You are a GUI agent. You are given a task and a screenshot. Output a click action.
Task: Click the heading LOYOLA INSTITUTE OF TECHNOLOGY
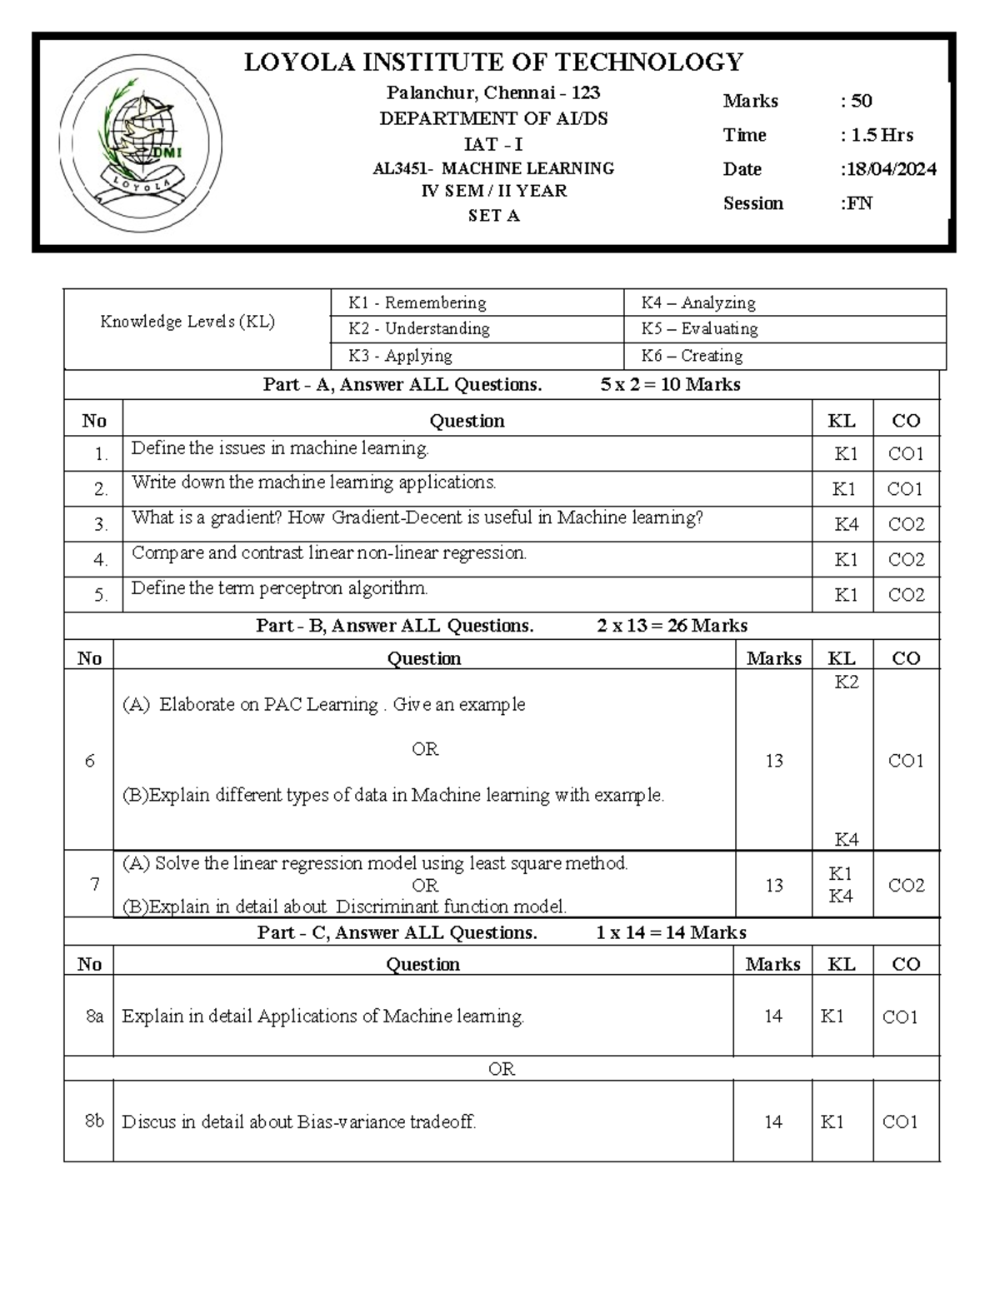tap(493, 62)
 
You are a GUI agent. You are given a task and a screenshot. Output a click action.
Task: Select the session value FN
tap(857, 203)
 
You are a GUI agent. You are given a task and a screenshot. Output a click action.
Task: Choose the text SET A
tap(493, 216)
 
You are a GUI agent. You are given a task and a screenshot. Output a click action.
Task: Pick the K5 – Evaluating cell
tap(699, 328)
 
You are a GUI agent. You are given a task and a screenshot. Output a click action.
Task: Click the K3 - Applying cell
tap(400, 356)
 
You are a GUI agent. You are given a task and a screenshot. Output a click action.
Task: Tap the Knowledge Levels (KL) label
tap(187, 322)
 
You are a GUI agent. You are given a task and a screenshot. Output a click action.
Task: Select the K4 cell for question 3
tap(846, 524)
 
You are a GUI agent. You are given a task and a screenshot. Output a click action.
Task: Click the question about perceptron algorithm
tap(279, 588)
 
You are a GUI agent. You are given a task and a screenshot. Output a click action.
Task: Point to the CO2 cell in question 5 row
tap(906, 595)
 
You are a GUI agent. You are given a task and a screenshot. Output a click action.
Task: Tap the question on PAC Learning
tap(324, 705)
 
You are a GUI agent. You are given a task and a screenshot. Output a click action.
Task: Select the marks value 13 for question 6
tap(774, 761)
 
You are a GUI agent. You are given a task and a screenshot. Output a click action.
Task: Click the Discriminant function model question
tap(344, 907)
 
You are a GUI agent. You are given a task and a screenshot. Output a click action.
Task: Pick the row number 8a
tap(94, 1017)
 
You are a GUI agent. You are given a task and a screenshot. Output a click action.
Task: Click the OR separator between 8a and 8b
tap(501, 1069)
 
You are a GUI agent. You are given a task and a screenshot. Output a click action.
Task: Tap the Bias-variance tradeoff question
tap(299, 1122)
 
